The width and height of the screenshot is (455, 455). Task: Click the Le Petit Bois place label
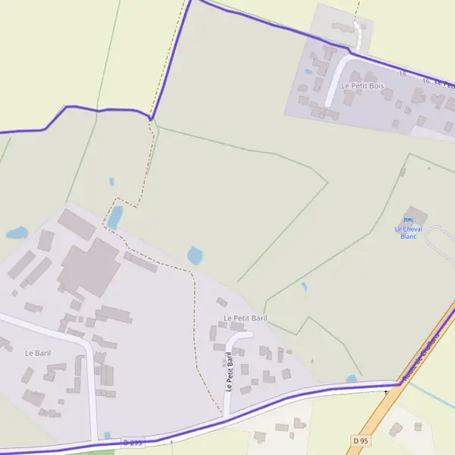(362, 86)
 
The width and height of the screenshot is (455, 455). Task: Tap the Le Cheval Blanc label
(409, 232)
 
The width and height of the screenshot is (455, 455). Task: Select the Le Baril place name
(37, 353)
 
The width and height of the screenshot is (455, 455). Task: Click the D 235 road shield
(131, 442)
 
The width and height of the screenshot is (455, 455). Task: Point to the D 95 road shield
(360, 440)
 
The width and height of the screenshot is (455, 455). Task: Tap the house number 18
(403, 74)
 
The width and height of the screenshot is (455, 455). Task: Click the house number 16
(425, 80)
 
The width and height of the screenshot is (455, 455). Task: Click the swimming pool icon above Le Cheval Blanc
(408, 220)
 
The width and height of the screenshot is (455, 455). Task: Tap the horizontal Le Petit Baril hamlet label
(245, 318)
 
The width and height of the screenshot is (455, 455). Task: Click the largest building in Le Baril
(90, 268)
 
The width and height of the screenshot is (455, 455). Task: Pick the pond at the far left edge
(17, 233)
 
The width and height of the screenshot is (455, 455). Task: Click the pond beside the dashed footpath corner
(115, 218)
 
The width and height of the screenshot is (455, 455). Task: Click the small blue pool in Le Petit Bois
(308, 72)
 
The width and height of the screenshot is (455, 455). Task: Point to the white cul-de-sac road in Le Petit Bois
(337, 76)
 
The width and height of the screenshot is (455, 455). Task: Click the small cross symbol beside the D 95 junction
(386, 392)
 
